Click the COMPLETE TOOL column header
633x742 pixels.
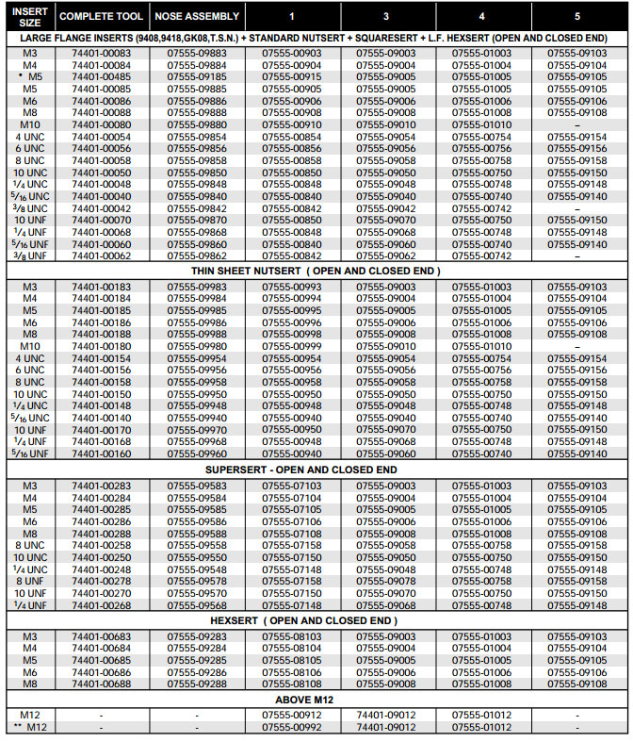click(102, 16)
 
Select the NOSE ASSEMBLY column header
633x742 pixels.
click(197, 16)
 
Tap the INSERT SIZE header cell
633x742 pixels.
click(30, 16)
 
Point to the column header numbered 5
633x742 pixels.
click(578, 16)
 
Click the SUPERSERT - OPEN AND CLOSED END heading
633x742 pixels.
click(315, 469)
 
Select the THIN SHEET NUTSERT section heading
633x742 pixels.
click(315, 271)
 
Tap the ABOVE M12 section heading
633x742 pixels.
click(315, 701)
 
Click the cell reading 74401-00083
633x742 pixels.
click(102, 54)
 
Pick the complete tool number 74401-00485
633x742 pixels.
click(102, 77)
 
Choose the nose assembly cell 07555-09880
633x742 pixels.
click(197, 124)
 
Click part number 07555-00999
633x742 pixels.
click(294, 346)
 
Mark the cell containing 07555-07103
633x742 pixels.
click(294, 486)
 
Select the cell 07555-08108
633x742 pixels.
click(294, 684)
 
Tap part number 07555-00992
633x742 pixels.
click(294, 728)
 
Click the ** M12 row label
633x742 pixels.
click(30, 728)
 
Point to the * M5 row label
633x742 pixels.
click(30, 77)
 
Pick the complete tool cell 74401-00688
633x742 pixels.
click(102, 684)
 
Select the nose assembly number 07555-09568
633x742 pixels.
click(197, 605)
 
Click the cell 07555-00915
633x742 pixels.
click(294, 77)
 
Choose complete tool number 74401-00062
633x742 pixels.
click(102, 256)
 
